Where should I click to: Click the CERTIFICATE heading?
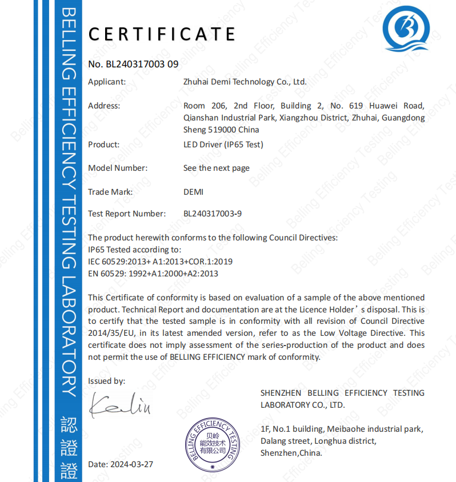click(162, 34)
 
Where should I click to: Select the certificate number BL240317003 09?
click(134, 64)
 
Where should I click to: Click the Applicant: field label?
click(107, 82)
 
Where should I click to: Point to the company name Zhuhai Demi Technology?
click(245, 82)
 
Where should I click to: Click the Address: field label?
click(104, 106)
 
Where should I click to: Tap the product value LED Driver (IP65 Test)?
click(223, 144)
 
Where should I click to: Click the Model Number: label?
click(118, 168)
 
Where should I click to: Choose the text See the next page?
click(217, 168)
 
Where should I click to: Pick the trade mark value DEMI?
click(193, 192)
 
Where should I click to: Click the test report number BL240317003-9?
click(213, 214)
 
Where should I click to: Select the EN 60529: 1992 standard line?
click(153, 274)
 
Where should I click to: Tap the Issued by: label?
click(106, 381)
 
